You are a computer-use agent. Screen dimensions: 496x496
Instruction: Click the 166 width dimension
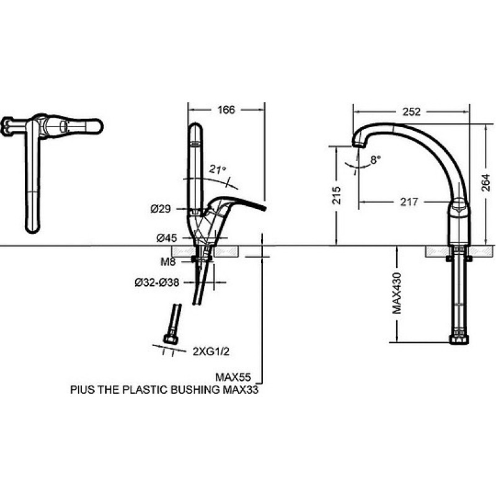pos(227,110)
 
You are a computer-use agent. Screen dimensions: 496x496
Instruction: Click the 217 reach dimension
pos(409,202)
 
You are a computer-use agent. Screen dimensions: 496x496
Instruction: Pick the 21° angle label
pos(217,168)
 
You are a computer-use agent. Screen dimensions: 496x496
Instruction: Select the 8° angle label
pos(375,159)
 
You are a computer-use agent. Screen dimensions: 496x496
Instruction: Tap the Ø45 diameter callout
pos(167,237)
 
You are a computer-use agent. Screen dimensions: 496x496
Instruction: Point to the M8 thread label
pos(168,262)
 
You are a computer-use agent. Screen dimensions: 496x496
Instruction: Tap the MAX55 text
pos(230,377)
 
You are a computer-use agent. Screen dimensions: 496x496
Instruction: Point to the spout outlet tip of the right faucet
pos(358,143)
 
